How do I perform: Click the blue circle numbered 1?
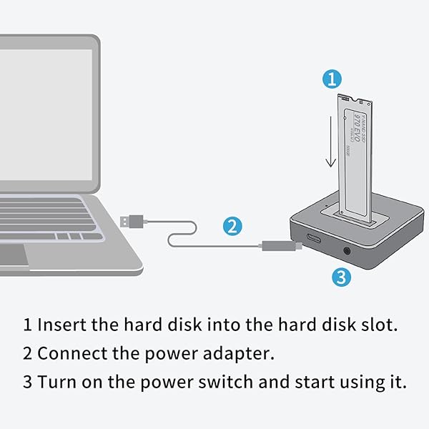tap(330, 79)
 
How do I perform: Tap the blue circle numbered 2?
tap(231, 227)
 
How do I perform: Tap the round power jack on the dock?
tap(347, 251)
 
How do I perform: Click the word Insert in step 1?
tap(59, 324)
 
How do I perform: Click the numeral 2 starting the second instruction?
tap(27, 353)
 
